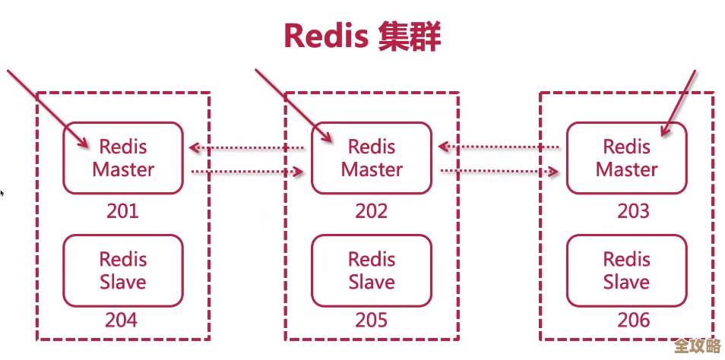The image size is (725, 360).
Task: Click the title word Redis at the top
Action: pos(325,36)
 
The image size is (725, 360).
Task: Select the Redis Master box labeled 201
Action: pos(122,158)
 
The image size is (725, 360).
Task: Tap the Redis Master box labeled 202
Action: pos(372,158)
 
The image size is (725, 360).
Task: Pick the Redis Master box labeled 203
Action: pos(626,158)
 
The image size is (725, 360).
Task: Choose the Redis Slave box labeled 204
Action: pos(122,270)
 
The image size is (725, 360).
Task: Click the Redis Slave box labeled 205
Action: pos(372,270)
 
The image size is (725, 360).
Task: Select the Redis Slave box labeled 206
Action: pos(626,270)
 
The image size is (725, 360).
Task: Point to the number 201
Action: pos(122,210)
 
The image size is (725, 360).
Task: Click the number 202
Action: pos(372,210)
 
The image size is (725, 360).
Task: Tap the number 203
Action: pos(633,210)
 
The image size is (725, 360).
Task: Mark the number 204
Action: pos(122,320)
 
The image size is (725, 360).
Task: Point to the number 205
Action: pos(372,320)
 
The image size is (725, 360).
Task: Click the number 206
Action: pos(633,320)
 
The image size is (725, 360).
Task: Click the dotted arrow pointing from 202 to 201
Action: pos(247,148)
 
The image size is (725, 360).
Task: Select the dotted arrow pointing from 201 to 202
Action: pos(247,172)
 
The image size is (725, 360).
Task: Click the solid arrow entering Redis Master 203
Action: pos(679,103)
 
